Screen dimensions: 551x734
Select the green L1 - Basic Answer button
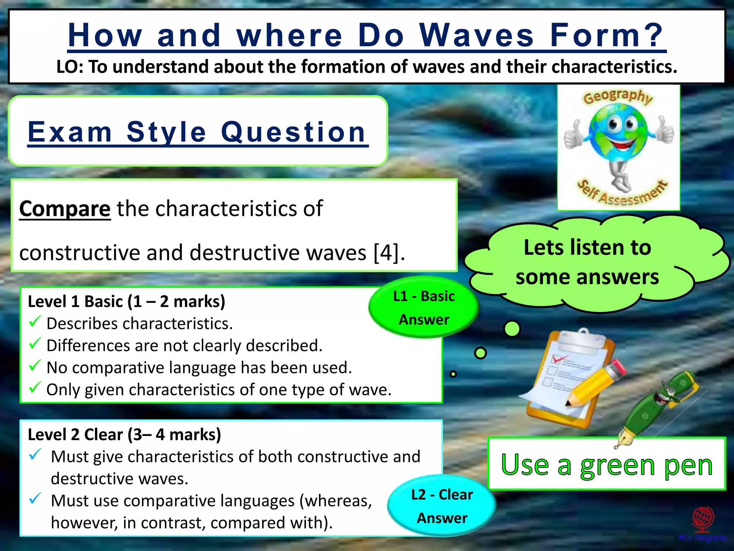click(424, 307)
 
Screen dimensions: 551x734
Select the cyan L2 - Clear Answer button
click(442, 506)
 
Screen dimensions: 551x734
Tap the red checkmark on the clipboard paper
click(559, 358)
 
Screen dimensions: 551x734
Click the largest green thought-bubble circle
click(512, 329)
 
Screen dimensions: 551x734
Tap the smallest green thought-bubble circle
click(453, 374)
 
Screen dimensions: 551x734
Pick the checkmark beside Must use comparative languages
click(35, 499)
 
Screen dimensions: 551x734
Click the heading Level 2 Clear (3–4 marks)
click(124, 434)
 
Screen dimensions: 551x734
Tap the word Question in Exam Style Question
click(293, 132)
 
